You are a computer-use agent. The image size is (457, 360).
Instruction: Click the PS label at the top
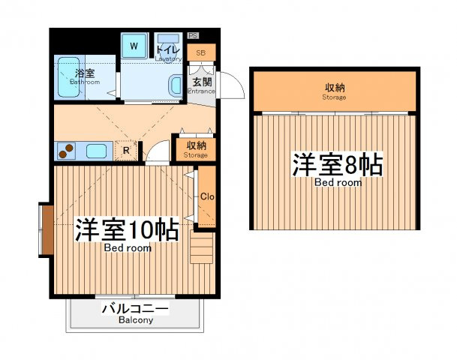[193, 35]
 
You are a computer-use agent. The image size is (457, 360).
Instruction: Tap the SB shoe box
[201, 52]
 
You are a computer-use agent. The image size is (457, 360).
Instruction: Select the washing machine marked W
[134, 46]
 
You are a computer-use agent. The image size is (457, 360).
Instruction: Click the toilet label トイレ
[168, 49]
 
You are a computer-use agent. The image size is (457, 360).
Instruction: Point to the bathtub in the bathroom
[69, 77]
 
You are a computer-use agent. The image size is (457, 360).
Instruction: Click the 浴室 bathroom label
[85, 73]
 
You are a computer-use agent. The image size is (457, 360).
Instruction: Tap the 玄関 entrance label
[202, 82]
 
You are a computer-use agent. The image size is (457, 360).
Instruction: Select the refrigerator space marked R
[126, 150]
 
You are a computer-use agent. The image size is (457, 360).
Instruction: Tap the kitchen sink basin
[96, 151]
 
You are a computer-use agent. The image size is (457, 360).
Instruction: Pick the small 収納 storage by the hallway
[196, 149]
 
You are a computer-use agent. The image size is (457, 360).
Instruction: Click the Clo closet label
[207, 196]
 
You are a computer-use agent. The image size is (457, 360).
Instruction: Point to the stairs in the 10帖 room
[201, 247]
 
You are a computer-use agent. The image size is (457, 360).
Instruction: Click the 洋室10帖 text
[127, 229]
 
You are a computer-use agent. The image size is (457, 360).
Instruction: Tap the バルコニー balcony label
[135, 308]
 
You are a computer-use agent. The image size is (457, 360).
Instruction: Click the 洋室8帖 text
[337, 164]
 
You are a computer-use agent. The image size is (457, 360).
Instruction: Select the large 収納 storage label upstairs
[335, 87]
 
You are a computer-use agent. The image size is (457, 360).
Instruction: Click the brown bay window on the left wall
[47, 229]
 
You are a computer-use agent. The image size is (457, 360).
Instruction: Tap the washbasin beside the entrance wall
[175, 86]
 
